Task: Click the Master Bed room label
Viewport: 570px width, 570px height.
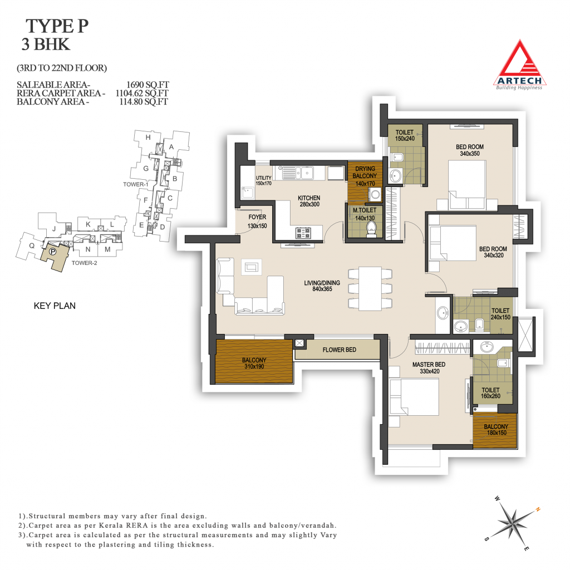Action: click(x=429, y=367)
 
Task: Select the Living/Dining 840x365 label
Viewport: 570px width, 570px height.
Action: click(x=322, y=286)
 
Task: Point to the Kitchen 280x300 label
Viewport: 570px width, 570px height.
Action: click(x=309, y=201)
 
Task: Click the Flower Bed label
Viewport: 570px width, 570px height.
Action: click(x=339, y=350)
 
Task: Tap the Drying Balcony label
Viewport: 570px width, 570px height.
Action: click(x=365, y=176)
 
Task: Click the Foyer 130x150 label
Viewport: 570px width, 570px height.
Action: click(x=257, y=222)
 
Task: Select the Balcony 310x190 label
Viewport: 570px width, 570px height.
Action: click(x=254, y=363)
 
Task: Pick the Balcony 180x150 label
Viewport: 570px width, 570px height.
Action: click(x=496, y=430)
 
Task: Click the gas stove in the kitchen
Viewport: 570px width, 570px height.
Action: click(x=303, y=233)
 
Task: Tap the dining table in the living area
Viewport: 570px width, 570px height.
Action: click(x=370, y=289)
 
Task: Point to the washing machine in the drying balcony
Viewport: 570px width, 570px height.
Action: click(x=375, y=194)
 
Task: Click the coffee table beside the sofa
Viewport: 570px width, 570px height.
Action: click(x=251, y=267)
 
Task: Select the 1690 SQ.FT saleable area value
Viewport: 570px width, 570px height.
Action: click(x=148, y=85)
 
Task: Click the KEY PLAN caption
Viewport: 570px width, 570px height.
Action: click(x=55, y=306)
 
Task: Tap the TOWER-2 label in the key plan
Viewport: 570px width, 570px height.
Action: click(x=85, y=263)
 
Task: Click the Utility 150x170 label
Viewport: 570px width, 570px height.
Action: click(x=263, y=180)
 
